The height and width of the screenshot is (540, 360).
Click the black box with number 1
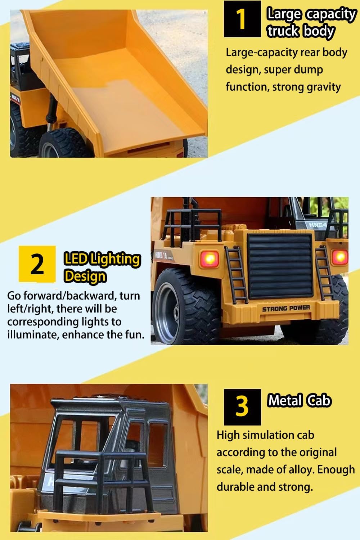coord(242,19)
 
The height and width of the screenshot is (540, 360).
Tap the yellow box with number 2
coord(37,264)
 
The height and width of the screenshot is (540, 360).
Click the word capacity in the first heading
coord(331,14)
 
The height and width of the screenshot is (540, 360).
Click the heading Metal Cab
coord(299,401)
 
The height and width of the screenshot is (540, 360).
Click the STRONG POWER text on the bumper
coord(286,308)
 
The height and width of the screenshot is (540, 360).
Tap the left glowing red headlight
coord(210,259)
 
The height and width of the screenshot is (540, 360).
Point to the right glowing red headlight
coord(340,257)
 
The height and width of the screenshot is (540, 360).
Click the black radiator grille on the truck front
coord(280,266)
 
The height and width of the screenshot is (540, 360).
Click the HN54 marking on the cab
coord(318,225)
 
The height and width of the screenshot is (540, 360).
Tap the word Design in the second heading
coord(85,276)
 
